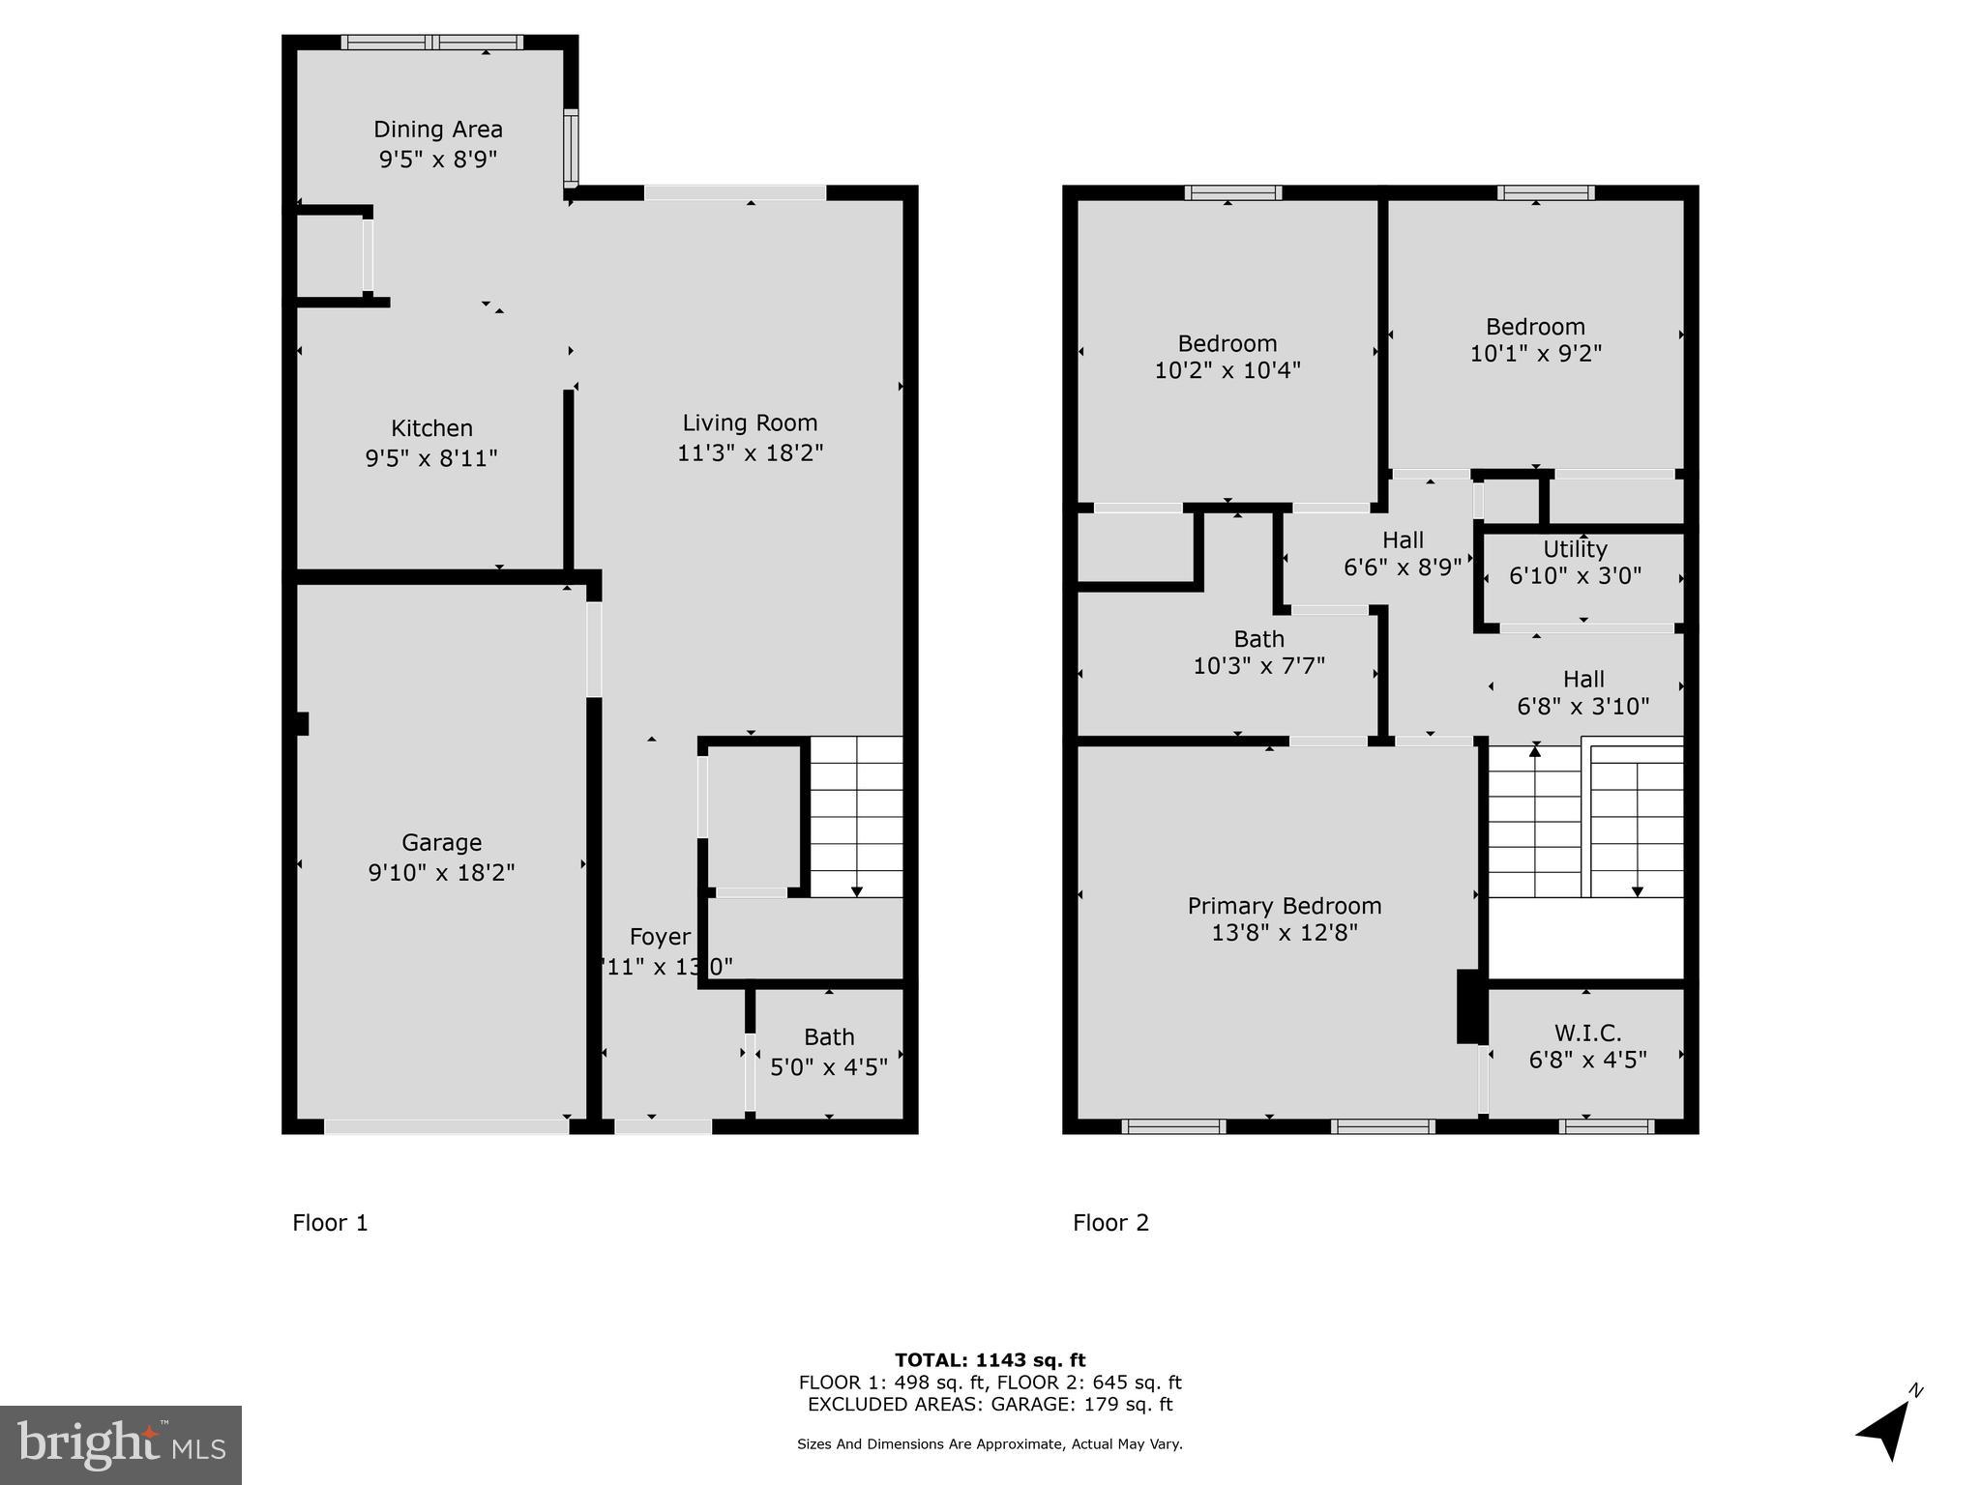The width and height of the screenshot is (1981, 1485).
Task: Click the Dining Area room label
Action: [438, 130]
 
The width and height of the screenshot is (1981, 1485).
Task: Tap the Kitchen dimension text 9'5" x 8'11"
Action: [431, 457]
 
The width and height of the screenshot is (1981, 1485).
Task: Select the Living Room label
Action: [750, 422]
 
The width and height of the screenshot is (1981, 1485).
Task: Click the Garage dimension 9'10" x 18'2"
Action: [441, 872]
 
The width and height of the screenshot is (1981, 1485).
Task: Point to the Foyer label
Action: [660, 936]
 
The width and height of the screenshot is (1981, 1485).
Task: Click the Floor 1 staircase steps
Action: [856, 817]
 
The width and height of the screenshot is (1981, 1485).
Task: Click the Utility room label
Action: [1575, 549]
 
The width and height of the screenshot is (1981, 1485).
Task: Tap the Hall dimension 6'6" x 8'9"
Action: [1403, 568]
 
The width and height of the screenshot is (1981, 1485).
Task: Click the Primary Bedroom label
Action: [1285, 906]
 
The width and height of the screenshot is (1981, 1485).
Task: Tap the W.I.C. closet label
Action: [1587, 1034]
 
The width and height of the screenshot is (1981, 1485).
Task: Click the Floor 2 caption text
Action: [1110, 1223]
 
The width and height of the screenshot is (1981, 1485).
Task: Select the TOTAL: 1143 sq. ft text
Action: [990, 1360]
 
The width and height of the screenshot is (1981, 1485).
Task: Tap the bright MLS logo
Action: [121, 1444]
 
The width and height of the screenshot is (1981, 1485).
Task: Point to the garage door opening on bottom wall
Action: [446, 1126]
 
